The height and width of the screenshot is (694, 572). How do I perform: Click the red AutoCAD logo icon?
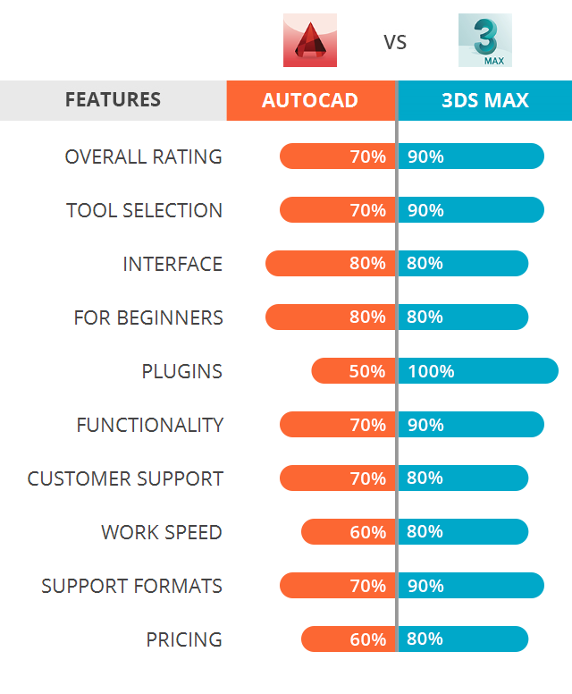(x=310, y=40)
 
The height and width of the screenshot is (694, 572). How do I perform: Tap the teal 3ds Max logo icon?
(x=485, y=40)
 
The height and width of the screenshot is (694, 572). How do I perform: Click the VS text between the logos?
(x=395, y=42)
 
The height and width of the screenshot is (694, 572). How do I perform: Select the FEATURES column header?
(x=113, y=100)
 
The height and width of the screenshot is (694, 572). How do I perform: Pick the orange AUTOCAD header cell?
(x=310, y=100)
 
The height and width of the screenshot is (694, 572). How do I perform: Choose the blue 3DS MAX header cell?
(x=485, y=100)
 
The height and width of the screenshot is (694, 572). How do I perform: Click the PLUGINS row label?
(x=181, y=371)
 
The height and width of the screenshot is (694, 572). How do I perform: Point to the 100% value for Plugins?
(x=432, y=371)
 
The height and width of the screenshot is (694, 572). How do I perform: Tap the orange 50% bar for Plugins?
(x=353, y=371)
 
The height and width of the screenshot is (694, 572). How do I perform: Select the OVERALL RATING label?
(x=143, y=157)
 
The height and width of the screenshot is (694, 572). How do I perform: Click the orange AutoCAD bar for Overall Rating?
(x=337, y=157)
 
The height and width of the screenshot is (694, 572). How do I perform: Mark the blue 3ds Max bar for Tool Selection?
(x=471, y=210)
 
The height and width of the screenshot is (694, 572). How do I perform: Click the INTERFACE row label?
(x=172, y=264)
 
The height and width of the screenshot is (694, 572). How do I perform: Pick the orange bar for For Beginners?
(x=330, y=317)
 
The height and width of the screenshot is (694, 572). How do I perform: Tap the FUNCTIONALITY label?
(x=149, y=425)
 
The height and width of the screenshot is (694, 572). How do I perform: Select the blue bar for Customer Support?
(x=463, y=478)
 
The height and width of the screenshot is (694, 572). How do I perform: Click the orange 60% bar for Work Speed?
(x=348, y=532)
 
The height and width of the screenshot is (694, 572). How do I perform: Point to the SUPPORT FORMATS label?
(x=131, y=586)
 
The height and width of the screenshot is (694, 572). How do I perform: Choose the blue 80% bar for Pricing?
(x=463, y=639)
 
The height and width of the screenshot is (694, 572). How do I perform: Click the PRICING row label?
(x=184, y=639)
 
